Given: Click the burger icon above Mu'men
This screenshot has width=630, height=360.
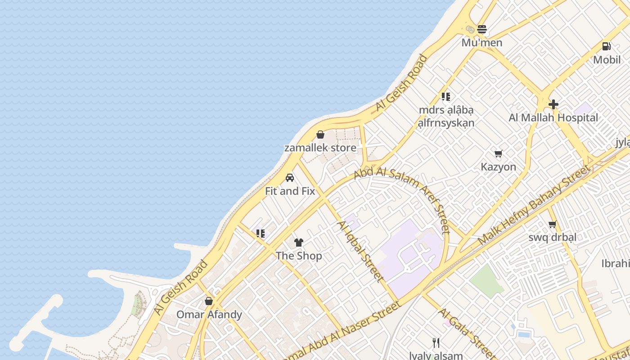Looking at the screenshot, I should pyautogui.click(x=482, y=30).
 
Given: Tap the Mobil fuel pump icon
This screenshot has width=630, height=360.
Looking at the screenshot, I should pyautogui.click(x=606, y=46).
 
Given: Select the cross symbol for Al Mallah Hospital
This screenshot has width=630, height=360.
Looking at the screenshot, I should pyautogui.click(x=553, y=104).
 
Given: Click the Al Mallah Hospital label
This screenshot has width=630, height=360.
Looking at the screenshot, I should pyautogui.click(x=553, y=118).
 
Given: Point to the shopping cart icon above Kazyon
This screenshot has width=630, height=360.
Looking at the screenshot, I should pyautogui.click(x=498, y=154).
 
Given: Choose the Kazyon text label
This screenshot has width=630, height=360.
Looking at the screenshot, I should pyautogui.click(x=498, y=167).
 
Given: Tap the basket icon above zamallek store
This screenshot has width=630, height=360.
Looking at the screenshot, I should pyautogui.click(x=320, y=135).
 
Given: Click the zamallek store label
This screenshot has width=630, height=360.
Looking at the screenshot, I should pyautogui.click(x=320, y=148).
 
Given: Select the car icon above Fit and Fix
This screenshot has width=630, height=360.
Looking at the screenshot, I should pyautogui.click(x=290, y=178).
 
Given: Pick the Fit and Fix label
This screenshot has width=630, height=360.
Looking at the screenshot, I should pyautogui.click(x=290, y=191).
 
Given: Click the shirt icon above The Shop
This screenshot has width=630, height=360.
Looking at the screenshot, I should pyautogui.click(x=299, y=243).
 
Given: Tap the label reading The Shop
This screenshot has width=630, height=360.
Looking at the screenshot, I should pyautogui.click(x=299, y=256).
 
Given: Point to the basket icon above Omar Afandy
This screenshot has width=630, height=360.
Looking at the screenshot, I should pyautogui.click(x=209, y=301).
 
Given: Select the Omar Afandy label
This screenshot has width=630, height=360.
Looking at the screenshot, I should pyautogui.click(x=209, y=315).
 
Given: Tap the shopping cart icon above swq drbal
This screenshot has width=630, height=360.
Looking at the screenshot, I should pyautogui.click(x=552, y=224).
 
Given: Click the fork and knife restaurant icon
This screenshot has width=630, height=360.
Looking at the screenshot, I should pyautogui.click(x=436, y=343).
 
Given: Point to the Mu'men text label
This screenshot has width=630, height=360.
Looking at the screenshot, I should pyautogui.click(x=482, y=43).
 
